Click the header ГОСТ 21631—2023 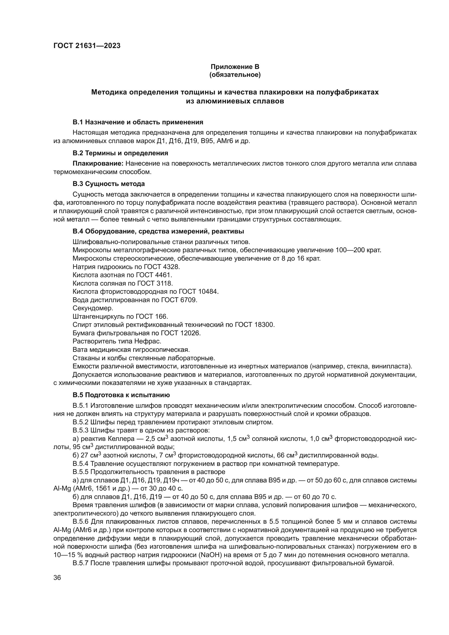87,46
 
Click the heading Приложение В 235,67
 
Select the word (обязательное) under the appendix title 235,75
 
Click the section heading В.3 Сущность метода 109,184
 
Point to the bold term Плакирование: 98,163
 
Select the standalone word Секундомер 93,308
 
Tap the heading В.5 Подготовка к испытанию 121,395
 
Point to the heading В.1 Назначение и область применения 138,122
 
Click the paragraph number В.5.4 80,463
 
